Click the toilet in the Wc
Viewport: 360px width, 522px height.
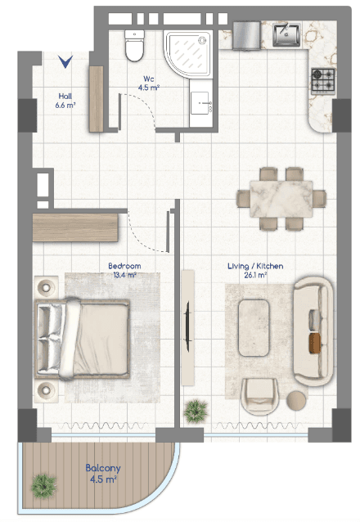click(134, 45)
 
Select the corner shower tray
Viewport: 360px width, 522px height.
click(188, 54)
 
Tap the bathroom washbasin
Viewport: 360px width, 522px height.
click(200, 103)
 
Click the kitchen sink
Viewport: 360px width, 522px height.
click(286, 34)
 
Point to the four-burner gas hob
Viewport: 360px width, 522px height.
click(322, 81)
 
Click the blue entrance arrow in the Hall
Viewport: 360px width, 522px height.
click(65, 61)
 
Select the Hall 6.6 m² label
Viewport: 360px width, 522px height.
click(65, 101)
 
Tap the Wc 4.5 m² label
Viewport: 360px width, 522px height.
click(149, 83)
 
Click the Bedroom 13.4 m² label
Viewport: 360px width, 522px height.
click(124, 270)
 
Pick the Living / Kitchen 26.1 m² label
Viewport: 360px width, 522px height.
click(255, 270)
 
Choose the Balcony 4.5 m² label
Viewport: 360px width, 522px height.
click(103, 474)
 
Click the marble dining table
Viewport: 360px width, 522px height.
click(281, 199)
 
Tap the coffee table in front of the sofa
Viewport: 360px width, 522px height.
click(254, 328)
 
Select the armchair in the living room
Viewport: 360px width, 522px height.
click(259, 397)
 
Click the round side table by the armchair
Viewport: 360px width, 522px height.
click(296, 400)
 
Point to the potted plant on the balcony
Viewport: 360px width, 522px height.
click(43, 486)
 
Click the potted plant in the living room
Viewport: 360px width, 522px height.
click(196, 412)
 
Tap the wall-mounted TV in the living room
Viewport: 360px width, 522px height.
click(187, 326)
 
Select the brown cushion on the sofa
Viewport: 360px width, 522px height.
click(315, 344)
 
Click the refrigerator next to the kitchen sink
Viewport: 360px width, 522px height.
click(246, 36)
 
